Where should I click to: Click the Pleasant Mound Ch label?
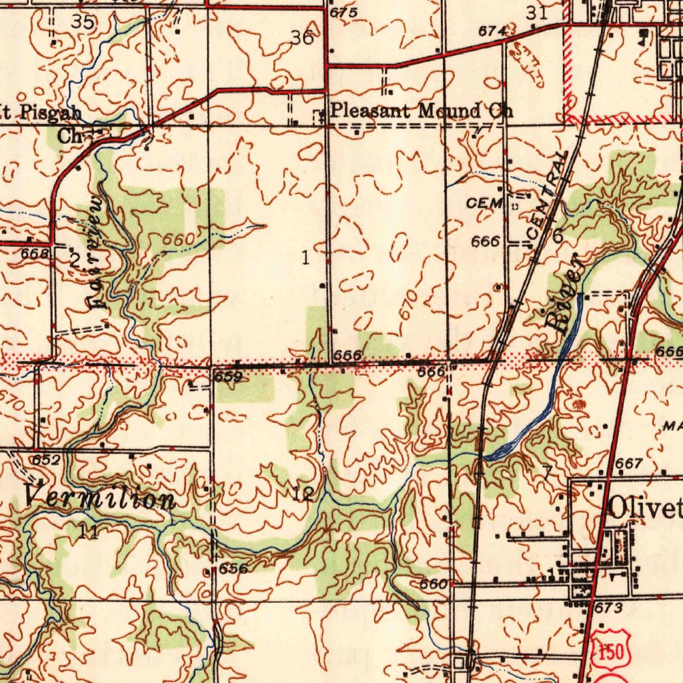[x=422, y=111]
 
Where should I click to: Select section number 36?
[x=302, y=38]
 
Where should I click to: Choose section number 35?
[x=83, y=21]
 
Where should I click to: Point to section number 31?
[x=536, y=13]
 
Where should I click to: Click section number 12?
[x=303, y=494]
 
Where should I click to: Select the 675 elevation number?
[x=344, y=13]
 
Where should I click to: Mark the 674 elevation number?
[x=494, y=31]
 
